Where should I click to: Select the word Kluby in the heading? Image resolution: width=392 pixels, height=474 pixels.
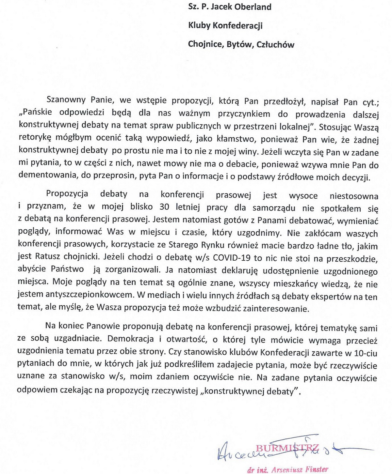tap(199, 25)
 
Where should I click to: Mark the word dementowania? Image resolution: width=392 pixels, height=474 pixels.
tap(46, 175)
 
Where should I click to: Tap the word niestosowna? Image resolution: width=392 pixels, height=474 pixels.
tap(354, 196)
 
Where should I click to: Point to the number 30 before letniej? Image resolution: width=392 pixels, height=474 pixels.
tap(165, 207)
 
